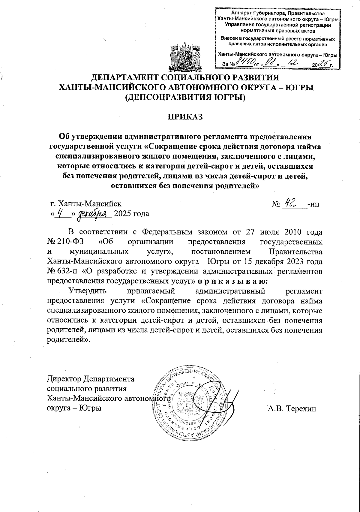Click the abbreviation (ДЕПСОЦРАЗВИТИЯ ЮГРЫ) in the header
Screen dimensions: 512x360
(185, 97)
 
